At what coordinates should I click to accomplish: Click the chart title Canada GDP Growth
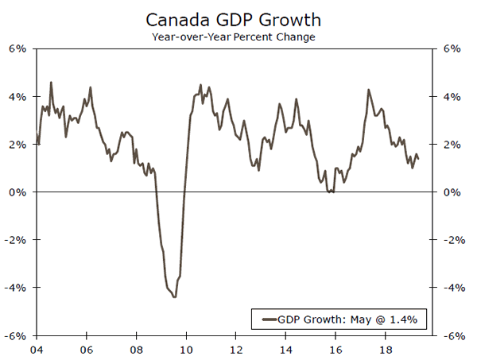[x=238, y=18]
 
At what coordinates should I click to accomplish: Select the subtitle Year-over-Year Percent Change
[x=238, y=36]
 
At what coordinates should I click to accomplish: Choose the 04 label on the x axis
[x=37, y=349]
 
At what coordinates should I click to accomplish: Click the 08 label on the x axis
[x=137, y=349]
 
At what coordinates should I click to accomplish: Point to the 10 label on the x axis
[x=186, y=349]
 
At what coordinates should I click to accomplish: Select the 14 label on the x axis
[x=285, y=349]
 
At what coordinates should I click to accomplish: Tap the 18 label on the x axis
[x=385, y=349]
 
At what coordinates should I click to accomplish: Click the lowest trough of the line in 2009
[x=174, y=296]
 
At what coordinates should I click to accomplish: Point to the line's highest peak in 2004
[x=51, y=82]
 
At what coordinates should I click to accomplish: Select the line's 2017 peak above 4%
[x=368, y=89]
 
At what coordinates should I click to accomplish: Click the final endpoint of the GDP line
[x=419, y=159]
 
